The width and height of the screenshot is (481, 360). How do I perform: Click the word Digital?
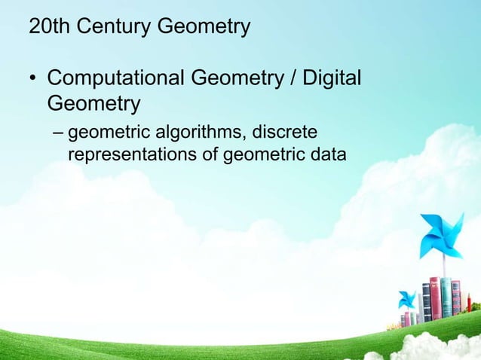click(x=329, y=79)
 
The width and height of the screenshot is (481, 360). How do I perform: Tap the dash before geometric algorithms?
click(x=58, y=136)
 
